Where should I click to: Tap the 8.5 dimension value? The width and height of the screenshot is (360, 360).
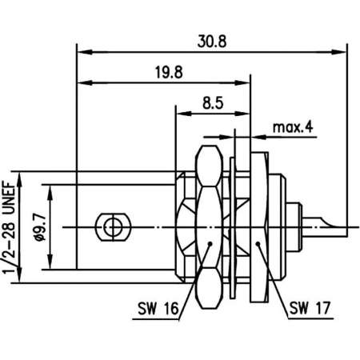click(x=212, y=102)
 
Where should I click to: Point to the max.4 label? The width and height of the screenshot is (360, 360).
click(x=293, y=127)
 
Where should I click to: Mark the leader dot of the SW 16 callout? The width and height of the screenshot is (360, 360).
click(x=210, y=246)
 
